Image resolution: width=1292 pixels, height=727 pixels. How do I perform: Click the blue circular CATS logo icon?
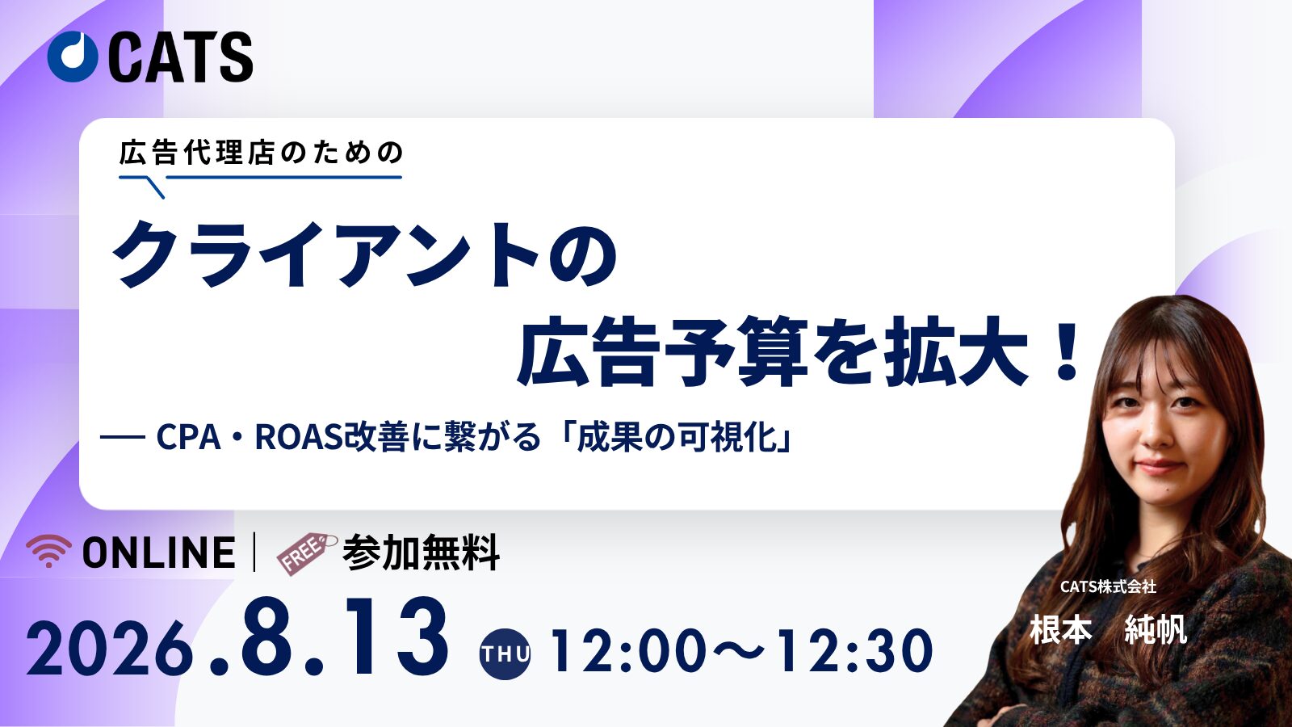[x=73, y=57]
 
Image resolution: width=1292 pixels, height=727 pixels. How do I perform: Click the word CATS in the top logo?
[x=181, y=57]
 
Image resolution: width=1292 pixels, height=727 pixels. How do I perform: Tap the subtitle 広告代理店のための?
[x=262, y=153]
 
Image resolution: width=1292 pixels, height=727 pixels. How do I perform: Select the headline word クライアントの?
[x=364, y=255]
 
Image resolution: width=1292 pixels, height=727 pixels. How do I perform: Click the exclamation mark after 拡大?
[x=1065, y=352]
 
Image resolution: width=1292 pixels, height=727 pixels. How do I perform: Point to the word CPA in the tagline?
[x=189, y=437]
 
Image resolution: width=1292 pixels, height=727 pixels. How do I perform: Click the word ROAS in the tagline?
[x=299, y=437]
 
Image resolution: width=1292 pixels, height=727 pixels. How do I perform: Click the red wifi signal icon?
[x=49, y=550]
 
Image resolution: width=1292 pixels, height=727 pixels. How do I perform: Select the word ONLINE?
[x=159, y=553]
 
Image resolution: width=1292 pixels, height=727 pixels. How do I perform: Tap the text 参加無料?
[x=421, y=553]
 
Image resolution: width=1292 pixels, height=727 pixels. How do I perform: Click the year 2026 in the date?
[x=110, y=651]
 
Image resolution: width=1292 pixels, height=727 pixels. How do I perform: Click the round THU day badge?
[x=505, y=653]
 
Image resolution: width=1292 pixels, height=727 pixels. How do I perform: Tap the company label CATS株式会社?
[x=1108, y=586]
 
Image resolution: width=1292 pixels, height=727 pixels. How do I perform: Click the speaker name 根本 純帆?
[x=1108, y=629]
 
